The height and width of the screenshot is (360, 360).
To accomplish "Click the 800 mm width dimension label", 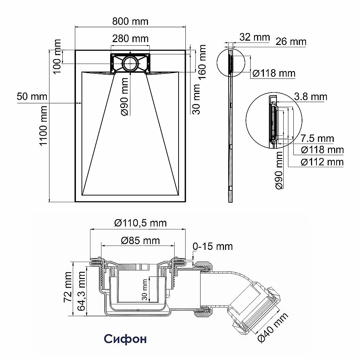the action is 130,22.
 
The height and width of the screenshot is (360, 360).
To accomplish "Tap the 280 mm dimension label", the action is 130,39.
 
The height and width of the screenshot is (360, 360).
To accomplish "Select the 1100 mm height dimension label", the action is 44,126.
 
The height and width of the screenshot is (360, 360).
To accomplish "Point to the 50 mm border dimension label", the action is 32,96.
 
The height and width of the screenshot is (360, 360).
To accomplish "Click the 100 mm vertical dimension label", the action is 57,57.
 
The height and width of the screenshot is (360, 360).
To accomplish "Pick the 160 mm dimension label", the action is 202,62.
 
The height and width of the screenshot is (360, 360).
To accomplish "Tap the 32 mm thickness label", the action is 255,37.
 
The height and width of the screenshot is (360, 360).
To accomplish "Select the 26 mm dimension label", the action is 291,41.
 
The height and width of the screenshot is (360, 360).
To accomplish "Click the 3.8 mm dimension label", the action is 311,96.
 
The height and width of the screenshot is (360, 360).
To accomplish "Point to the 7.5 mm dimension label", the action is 317,139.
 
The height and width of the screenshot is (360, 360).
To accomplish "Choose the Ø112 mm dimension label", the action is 322,162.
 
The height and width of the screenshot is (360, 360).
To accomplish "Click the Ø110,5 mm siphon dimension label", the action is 140,223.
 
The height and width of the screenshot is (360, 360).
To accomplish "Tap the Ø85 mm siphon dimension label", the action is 140,240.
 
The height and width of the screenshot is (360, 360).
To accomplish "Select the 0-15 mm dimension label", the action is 213,246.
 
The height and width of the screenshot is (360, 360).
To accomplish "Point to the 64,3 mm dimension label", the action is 81,291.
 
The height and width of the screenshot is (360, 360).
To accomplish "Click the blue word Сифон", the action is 125,339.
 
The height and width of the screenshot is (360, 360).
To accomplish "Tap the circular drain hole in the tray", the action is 130,63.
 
